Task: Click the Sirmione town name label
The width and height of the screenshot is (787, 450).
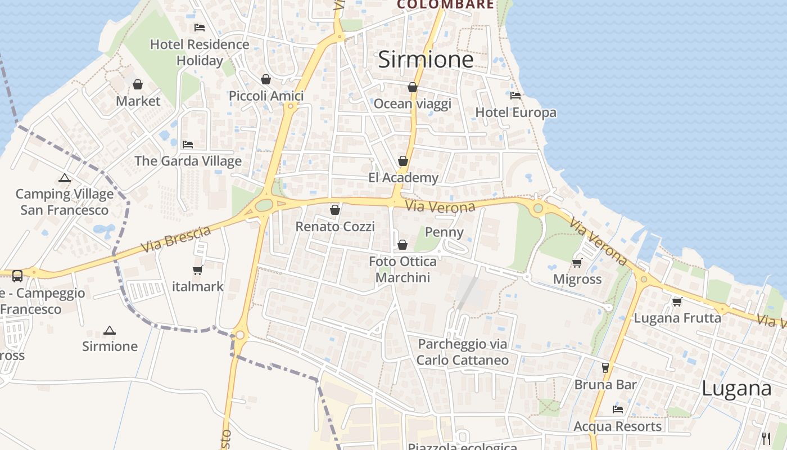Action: (426, 60)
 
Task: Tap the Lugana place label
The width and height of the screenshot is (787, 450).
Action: (736, 389)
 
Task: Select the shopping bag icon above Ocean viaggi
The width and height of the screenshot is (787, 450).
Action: (413, 87)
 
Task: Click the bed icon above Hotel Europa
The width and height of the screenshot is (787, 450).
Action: (515, 95)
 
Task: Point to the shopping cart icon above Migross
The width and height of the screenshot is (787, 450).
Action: (577, 263)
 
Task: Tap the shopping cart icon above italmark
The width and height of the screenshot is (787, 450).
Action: (197, 270)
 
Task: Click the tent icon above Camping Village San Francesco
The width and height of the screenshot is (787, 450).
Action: (65, 178)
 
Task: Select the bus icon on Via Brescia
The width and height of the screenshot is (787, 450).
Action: (17, 276)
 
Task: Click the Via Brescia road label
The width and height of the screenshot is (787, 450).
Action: (175, 239)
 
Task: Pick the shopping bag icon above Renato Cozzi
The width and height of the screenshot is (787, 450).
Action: (335, 210)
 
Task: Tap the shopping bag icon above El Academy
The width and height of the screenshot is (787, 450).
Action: (403, 161)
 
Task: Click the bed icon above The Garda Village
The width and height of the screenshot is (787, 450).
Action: (188, 145)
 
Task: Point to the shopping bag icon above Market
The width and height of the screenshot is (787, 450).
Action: (138, 84)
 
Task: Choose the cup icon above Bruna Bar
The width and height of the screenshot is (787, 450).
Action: (605, 368)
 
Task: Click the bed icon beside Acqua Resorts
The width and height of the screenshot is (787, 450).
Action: (618, 409)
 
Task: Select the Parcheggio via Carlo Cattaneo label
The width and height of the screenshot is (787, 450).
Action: (462, 352)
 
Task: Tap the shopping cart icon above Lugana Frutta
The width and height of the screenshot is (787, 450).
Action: (677, 301)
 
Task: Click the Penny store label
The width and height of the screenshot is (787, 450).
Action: (444, 232)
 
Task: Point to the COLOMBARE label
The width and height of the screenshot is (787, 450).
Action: (445, 4)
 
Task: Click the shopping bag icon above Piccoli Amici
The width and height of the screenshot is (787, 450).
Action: (266, 79)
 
